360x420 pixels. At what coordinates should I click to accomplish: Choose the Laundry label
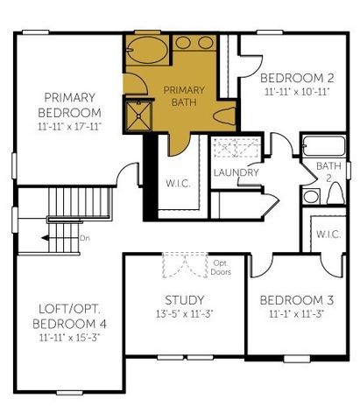[x=236, y=172]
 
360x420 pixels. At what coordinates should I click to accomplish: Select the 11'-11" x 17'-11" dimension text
[x=71, y=128]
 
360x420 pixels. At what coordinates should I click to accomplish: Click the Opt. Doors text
[x=220, y=266]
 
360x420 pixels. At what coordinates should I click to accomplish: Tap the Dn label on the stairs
[x=84, y=236]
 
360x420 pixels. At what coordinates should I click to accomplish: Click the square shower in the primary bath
[x=138, y=114]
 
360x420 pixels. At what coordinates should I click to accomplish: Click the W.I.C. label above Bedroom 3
[x=328, y=234]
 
